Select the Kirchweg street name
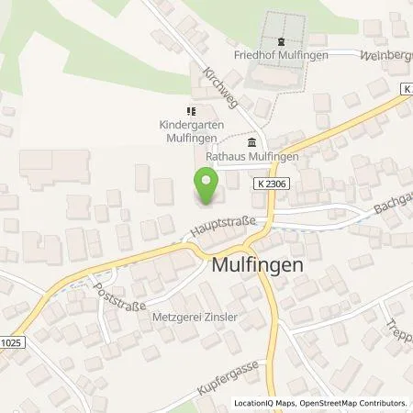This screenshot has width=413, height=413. pos(221,89)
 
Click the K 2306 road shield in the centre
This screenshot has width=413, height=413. pos(267,184)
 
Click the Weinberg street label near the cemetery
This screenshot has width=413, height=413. pos(388,54)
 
